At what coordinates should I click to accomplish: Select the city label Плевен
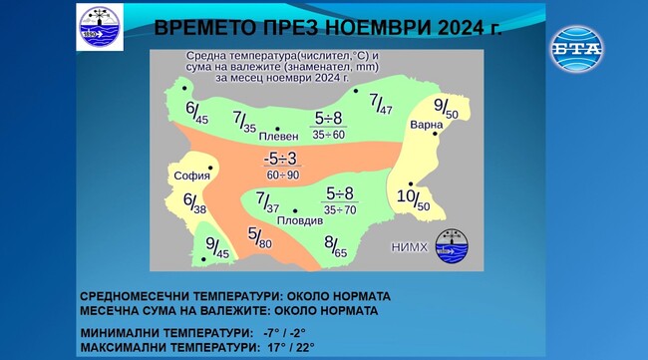tap(277, 138)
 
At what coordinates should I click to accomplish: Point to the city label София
tap(191, 177)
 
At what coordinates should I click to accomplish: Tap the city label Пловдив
tap(300, 219)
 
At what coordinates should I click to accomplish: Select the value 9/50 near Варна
tap(445, 108)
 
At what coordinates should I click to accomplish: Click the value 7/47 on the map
tap(380, 103)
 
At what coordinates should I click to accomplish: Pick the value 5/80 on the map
tap(258, 238)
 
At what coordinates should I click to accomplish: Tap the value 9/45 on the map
tap(216, 248)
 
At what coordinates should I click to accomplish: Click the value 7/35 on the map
tap(245, 122)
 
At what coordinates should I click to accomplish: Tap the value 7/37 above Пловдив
tap(268, 202)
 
